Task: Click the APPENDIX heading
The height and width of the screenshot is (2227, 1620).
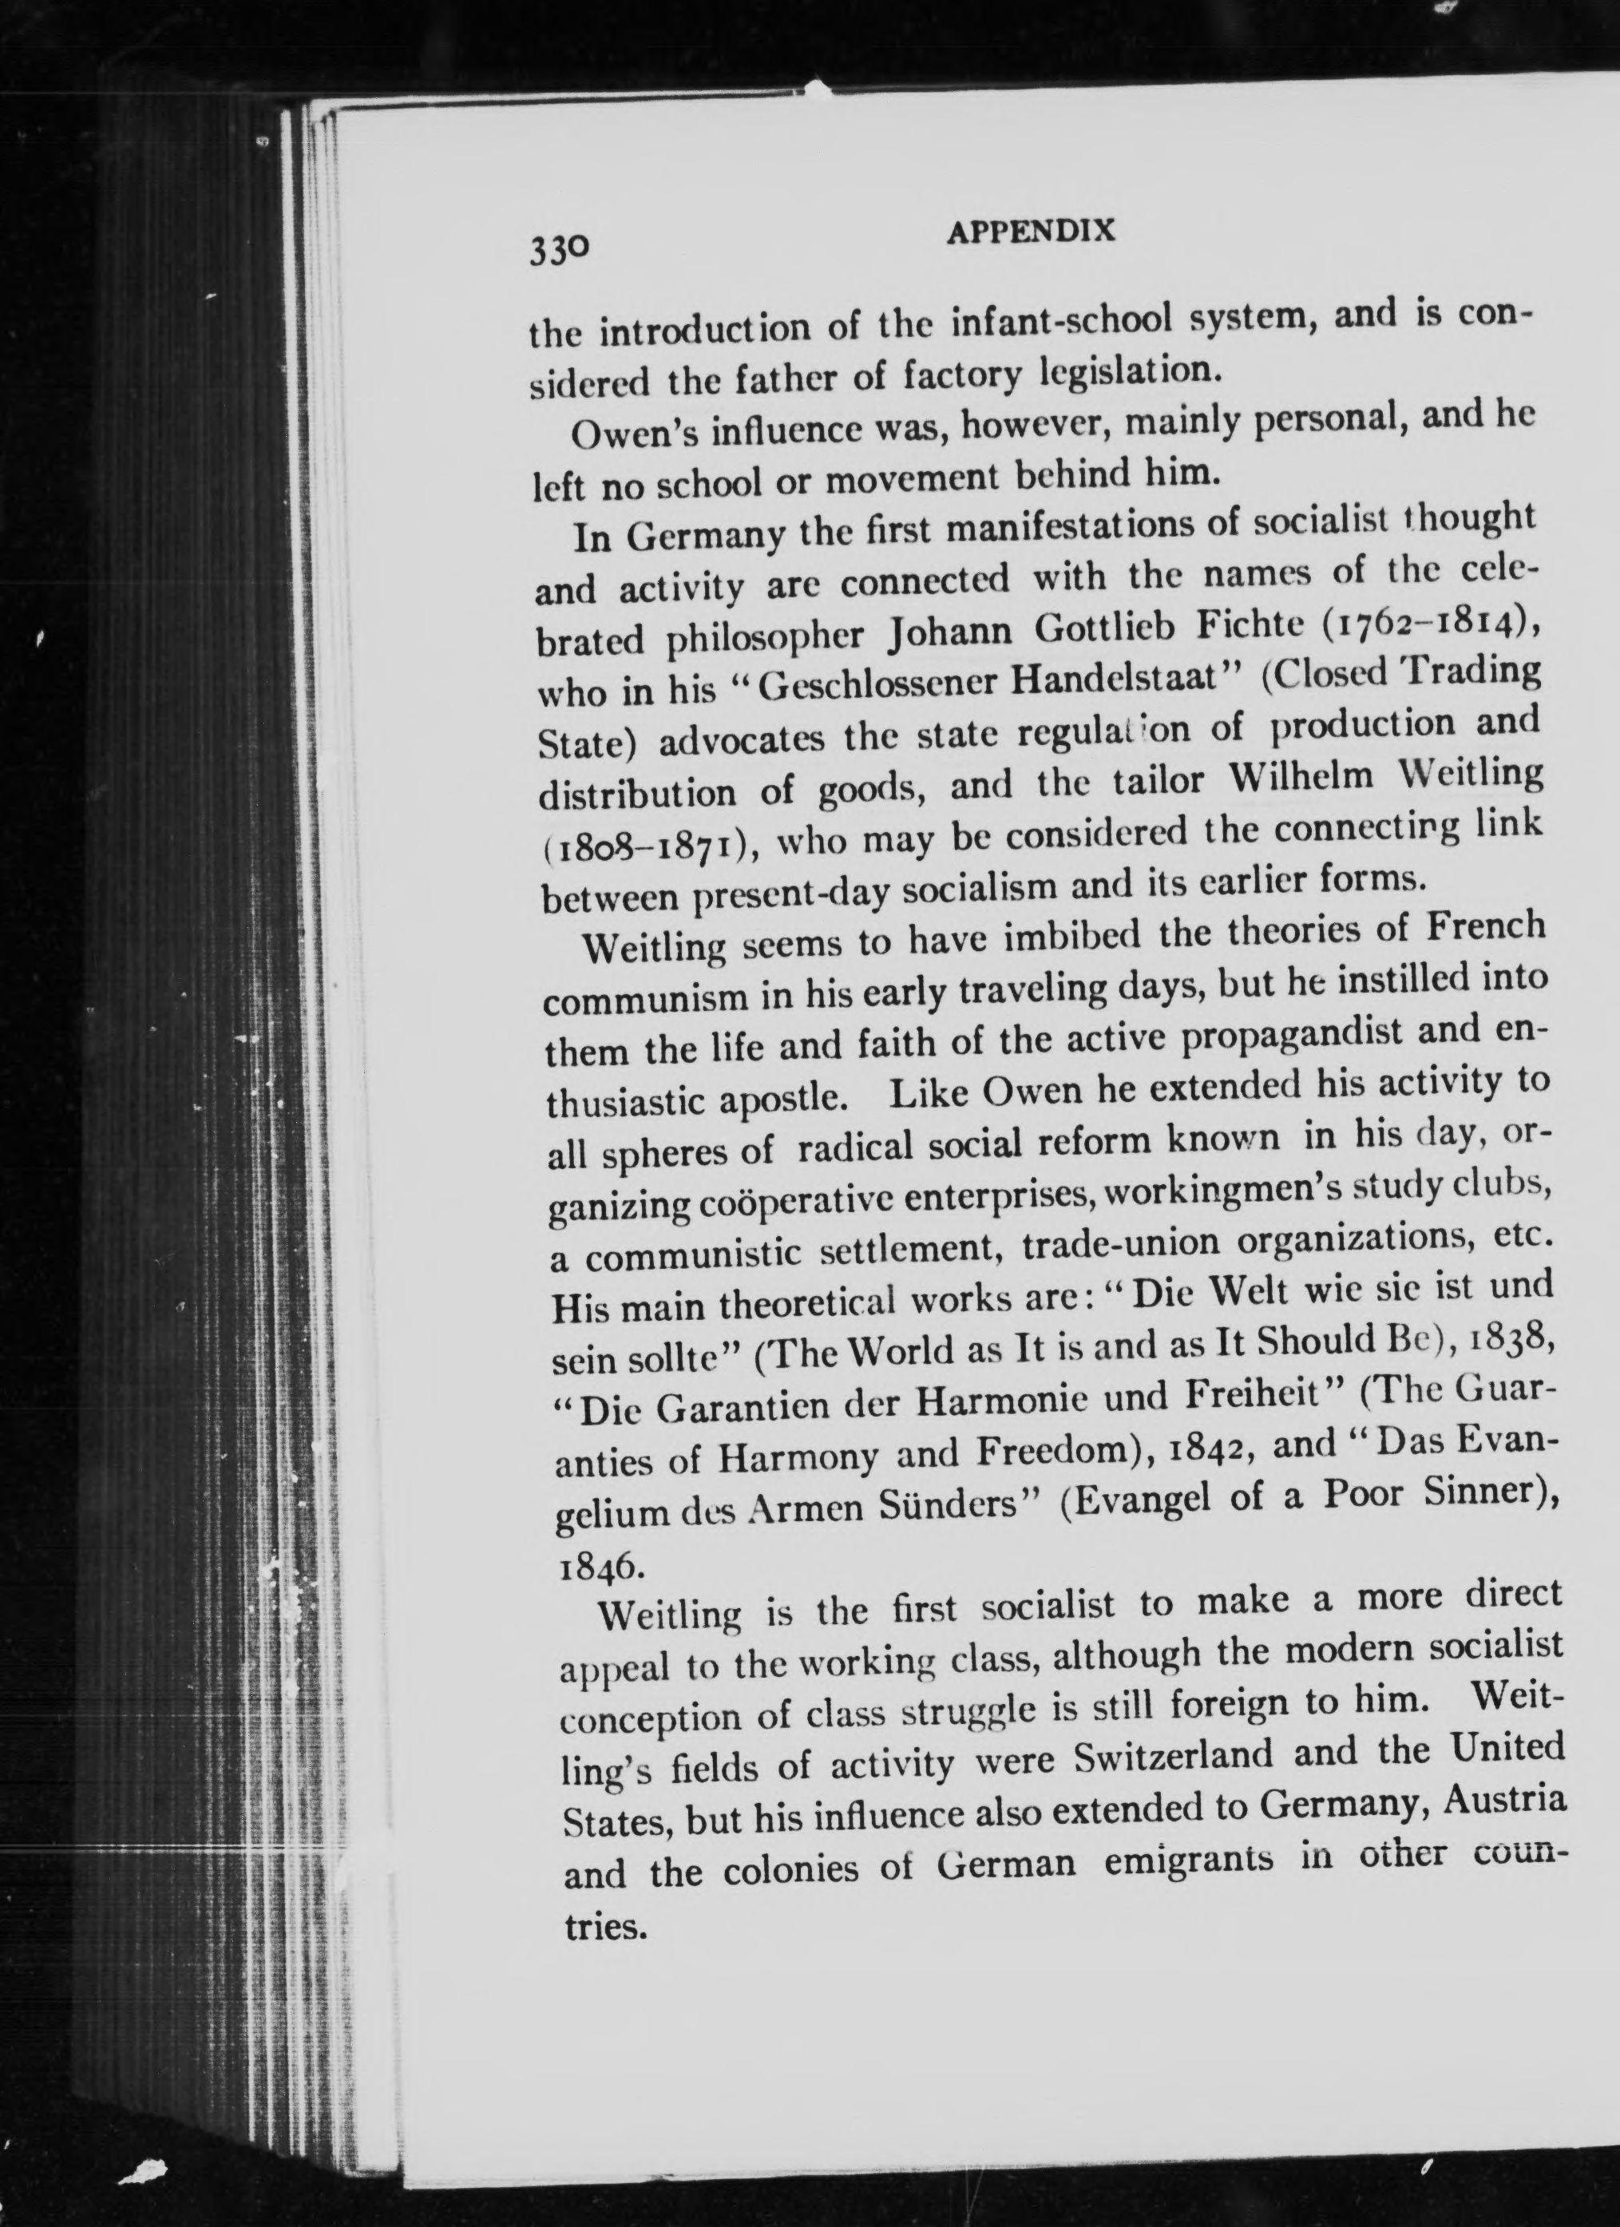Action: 1030,232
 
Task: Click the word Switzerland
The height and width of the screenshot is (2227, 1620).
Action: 1175,1756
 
